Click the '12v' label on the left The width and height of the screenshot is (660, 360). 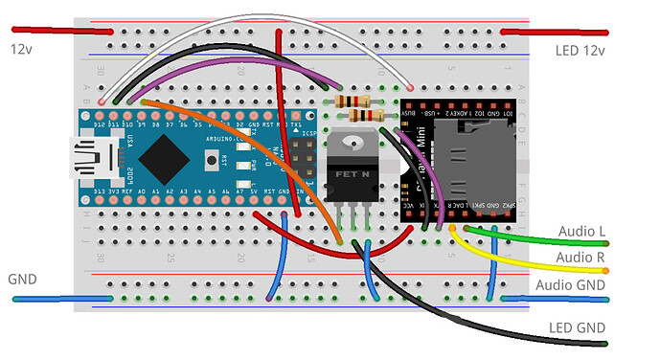[22, 48]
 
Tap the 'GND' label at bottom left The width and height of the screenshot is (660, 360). [22, 279]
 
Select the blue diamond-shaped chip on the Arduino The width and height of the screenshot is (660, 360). [160, 153]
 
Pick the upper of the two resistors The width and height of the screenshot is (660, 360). [350, 100]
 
